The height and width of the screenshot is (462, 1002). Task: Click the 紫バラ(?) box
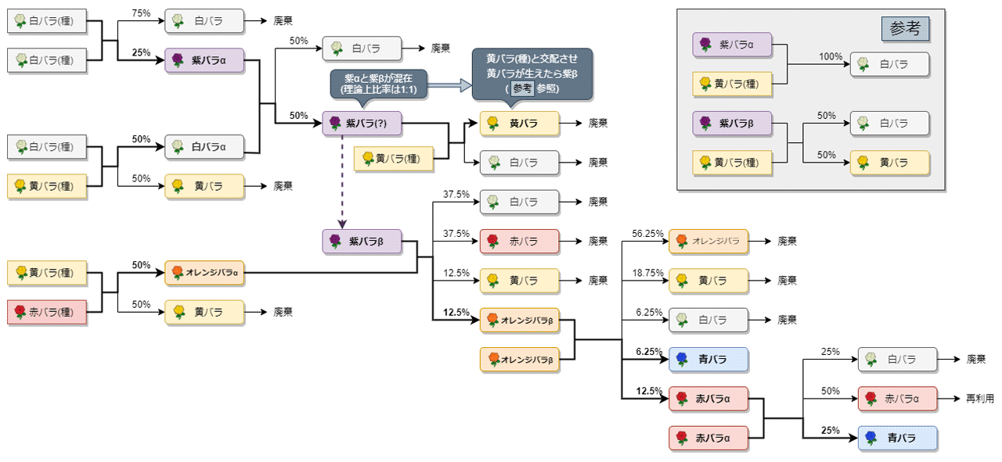(362, 123)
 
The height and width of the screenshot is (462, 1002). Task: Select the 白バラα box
(204, 146)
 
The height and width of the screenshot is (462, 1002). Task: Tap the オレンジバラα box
(204, 273)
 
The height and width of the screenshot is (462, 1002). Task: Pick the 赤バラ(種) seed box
(47, 312)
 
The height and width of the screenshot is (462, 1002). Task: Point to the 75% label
(141, 14)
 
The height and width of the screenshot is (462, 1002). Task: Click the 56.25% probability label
(649, 234)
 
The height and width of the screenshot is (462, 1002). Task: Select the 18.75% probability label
(649, 273)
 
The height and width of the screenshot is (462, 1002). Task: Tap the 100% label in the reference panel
(831, 57)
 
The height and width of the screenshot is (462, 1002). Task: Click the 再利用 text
(979, 399)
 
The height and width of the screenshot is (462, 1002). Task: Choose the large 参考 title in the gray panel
(906, 29)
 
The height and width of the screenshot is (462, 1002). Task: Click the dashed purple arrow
(342, 179)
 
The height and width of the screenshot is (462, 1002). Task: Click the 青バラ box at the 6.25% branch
(708, 360)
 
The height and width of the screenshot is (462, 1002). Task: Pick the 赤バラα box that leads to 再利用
(897, 399)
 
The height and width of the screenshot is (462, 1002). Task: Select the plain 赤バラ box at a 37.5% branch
(520, 241)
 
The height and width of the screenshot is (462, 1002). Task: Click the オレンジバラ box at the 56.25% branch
(708, 241)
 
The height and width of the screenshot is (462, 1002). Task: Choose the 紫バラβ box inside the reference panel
(732, 124)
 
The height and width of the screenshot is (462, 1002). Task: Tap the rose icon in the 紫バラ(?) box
(336, 123)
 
